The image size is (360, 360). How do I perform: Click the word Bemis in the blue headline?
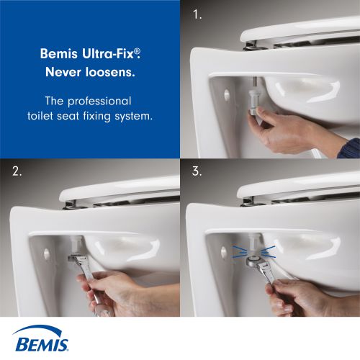[58, 53]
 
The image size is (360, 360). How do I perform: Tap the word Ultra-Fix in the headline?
[111, 53]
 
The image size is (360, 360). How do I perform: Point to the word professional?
[99, 102]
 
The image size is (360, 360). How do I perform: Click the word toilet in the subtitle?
[40, 116]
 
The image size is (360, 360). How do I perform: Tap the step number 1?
[197, 14]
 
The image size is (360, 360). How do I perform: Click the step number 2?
[17, 171]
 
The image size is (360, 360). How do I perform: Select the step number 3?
[197, 171]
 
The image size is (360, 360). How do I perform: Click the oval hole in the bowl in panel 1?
[227, 94]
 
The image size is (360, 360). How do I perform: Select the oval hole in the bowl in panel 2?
[47, 254]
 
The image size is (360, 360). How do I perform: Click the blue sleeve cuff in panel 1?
[349, 148]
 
